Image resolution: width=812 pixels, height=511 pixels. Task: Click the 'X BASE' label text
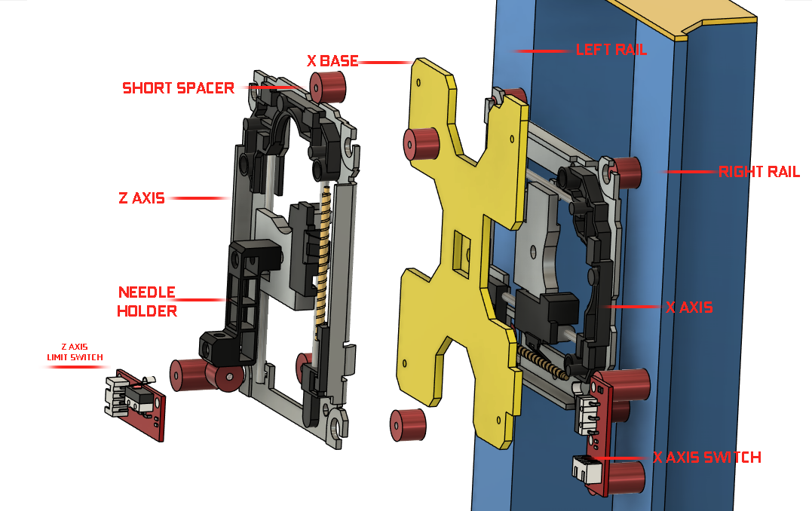(332, 61)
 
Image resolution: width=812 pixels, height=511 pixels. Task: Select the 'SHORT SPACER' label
(178, 88)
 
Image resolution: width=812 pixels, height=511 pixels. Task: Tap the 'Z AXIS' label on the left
(141, 199)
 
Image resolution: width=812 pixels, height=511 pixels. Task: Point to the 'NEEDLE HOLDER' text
(147, 301)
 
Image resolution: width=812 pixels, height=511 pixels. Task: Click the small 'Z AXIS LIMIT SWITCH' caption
(75, 352)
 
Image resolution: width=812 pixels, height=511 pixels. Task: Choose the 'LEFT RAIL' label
(611, 50)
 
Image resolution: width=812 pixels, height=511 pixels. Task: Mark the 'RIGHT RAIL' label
(758, 172)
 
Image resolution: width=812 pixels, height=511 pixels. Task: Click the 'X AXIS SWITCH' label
(706, 457)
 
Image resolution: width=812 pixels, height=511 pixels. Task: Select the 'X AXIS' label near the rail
(689, 308)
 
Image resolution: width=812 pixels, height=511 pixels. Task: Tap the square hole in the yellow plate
(459, 252)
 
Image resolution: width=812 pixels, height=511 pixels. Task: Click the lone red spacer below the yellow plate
(408, 424)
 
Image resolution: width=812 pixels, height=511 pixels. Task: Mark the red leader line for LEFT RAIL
(540, 50)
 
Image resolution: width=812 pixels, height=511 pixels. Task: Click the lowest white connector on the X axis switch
(584, 470)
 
